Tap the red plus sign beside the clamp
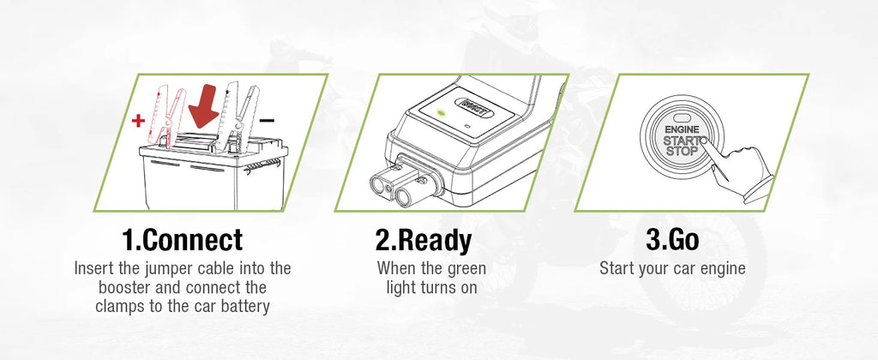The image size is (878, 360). coord(137,121)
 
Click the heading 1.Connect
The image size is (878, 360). coord(180,239)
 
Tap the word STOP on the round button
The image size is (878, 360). coord(683,151)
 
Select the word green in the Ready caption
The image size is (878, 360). coord(465,268)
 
